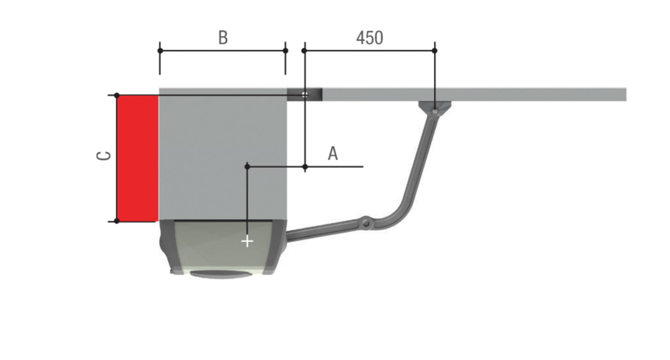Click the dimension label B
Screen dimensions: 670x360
point(223,38)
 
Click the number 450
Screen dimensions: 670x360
point(370,38)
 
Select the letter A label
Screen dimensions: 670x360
point(333,154)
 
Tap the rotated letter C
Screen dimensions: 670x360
point(103,156)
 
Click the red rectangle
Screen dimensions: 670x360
point(138,159)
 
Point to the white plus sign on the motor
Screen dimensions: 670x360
point(247,241)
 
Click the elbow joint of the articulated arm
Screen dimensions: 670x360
point(366,223)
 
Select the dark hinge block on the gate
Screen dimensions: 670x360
point(304,95)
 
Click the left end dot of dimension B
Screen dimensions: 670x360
point(160,51)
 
